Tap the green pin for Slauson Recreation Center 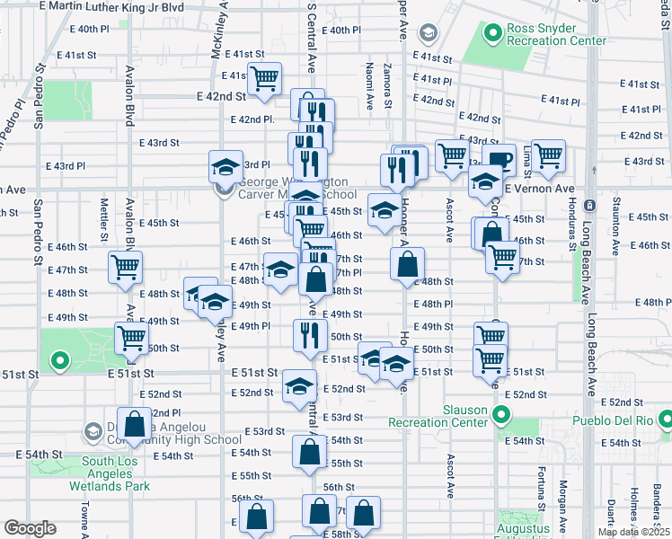(501, 416)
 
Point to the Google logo (30, 528)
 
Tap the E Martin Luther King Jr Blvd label (113, 6)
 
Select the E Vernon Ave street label (538, 190)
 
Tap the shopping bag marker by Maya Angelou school (134, 426)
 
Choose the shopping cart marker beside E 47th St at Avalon (125, 266)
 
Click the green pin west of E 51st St (60, 362)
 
